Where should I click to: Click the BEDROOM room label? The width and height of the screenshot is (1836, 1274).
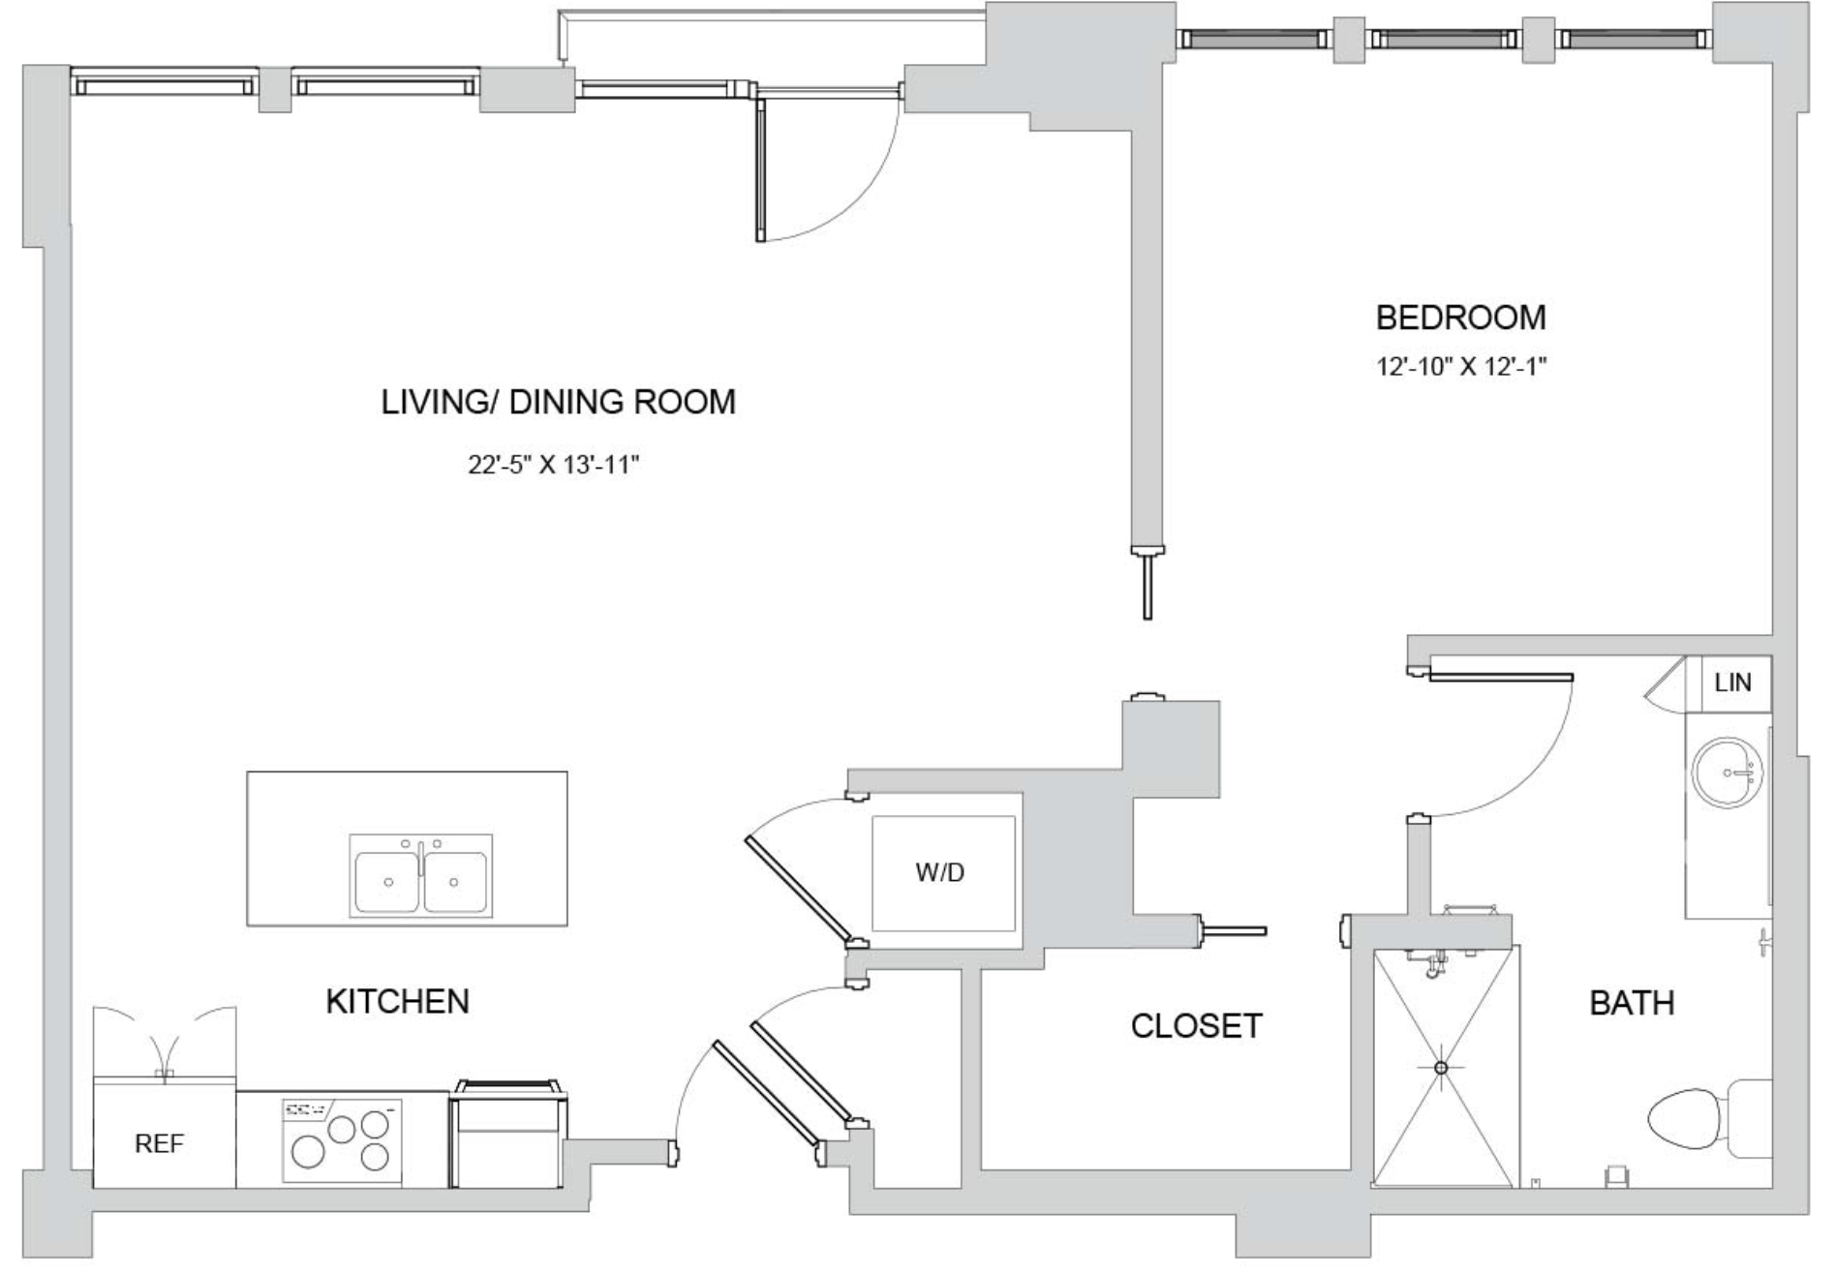pyautogui.click(x=1460, y=318)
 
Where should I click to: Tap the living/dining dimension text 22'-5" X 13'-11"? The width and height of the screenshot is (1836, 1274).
pyautogui.click(x=554, y=466)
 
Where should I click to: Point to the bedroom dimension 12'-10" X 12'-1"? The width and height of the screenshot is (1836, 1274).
pyautogui.click(x=1461, y=367)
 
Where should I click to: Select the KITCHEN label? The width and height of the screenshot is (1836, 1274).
pyautogui.click(x=397, y=1001)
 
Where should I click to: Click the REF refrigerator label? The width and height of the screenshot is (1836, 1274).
pyautogui.click(x=159, y=1144)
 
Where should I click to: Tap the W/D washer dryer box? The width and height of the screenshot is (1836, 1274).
pyautogui.click(x=943, y=873)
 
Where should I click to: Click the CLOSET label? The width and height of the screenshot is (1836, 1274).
pyautogui.click(x=1196, y=1026)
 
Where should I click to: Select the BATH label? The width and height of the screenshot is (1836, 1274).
pyautogui.click(x=1632, y=1003)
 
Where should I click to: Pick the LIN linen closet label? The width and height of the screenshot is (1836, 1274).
pyautogui.click(x=1732, y=682)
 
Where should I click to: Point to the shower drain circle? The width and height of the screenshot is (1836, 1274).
pyautogui.click(x=1441, y=1068)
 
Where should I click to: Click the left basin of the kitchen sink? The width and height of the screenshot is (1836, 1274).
pyautogui.click(x=387, y=881)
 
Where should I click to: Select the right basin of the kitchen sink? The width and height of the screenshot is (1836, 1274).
pyautogui.click(x=455, y=881)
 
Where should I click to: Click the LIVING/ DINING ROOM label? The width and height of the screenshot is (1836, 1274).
pyautogui.click(x=558, y=402)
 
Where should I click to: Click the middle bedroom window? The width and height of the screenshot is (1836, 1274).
pyautogui.click(x=1443, y=39)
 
